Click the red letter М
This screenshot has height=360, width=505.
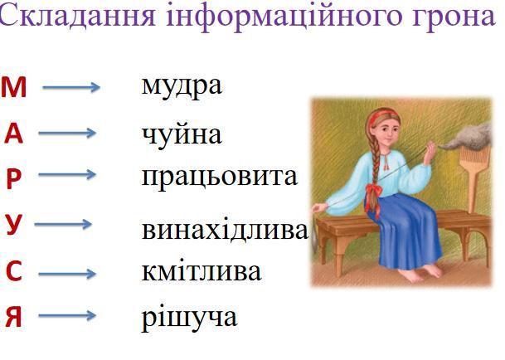pyautogui.click(x=13, y=88)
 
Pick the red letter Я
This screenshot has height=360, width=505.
pyautogui.click(x=13, y=317)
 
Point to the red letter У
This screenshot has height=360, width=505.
pyautogui.click(x=14, y=225)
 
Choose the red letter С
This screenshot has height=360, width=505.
pyautogui.click(x=14, y=271)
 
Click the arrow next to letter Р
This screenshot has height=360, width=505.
pyautogui.click(x=67, y=175)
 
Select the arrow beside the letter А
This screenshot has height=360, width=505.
pyautogui.click(x=67, y=133)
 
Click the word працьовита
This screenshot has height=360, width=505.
pyautogui.click(x=219, y=178)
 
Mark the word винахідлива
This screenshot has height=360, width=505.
pyautogui.click(x=225, y=230)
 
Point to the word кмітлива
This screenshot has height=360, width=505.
pyautogui.click(x=202, y=271)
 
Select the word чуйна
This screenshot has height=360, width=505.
pyautogui.click(x=182, y=134)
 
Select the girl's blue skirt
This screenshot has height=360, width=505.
pyautogui.click(x=406, y=232)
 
